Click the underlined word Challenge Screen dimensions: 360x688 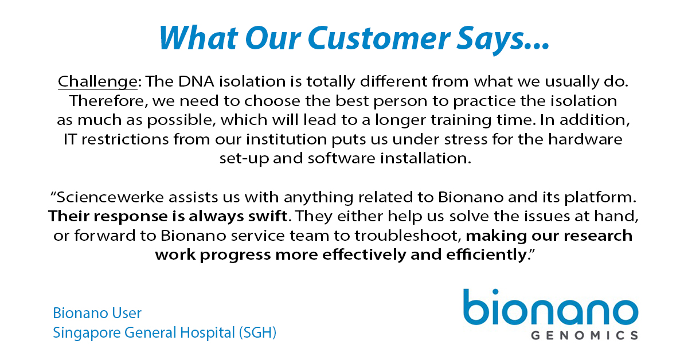(97, 82)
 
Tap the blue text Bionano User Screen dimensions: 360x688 (97, 313)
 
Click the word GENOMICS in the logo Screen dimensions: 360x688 (581, 335)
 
